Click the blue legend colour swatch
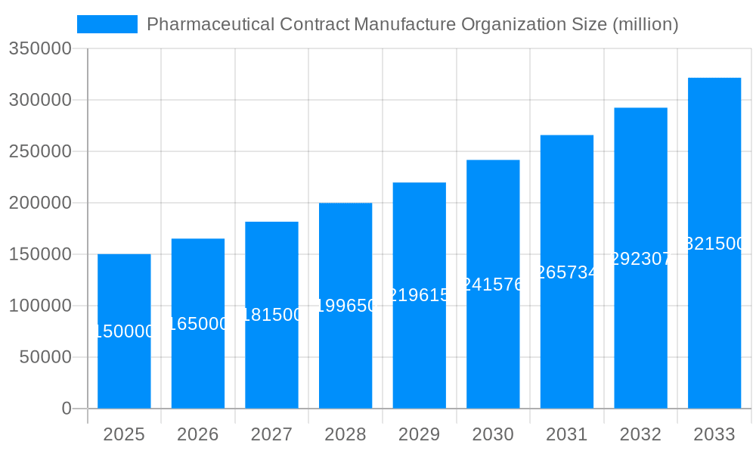(107, 24)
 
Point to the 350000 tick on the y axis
(39, 49)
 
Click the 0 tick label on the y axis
(66, 409)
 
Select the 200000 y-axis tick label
(39, 203)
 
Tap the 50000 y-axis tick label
(45, 357)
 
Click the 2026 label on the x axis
(197, 435)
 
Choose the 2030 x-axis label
(493, 435)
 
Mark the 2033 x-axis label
(714, 435)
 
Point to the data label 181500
(271, 315)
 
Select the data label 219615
(419, 295)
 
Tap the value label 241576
(493, 285)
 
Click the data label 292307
(640, 259)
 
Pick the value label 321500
(714, 244)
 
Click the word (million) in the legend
(645, 24)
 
